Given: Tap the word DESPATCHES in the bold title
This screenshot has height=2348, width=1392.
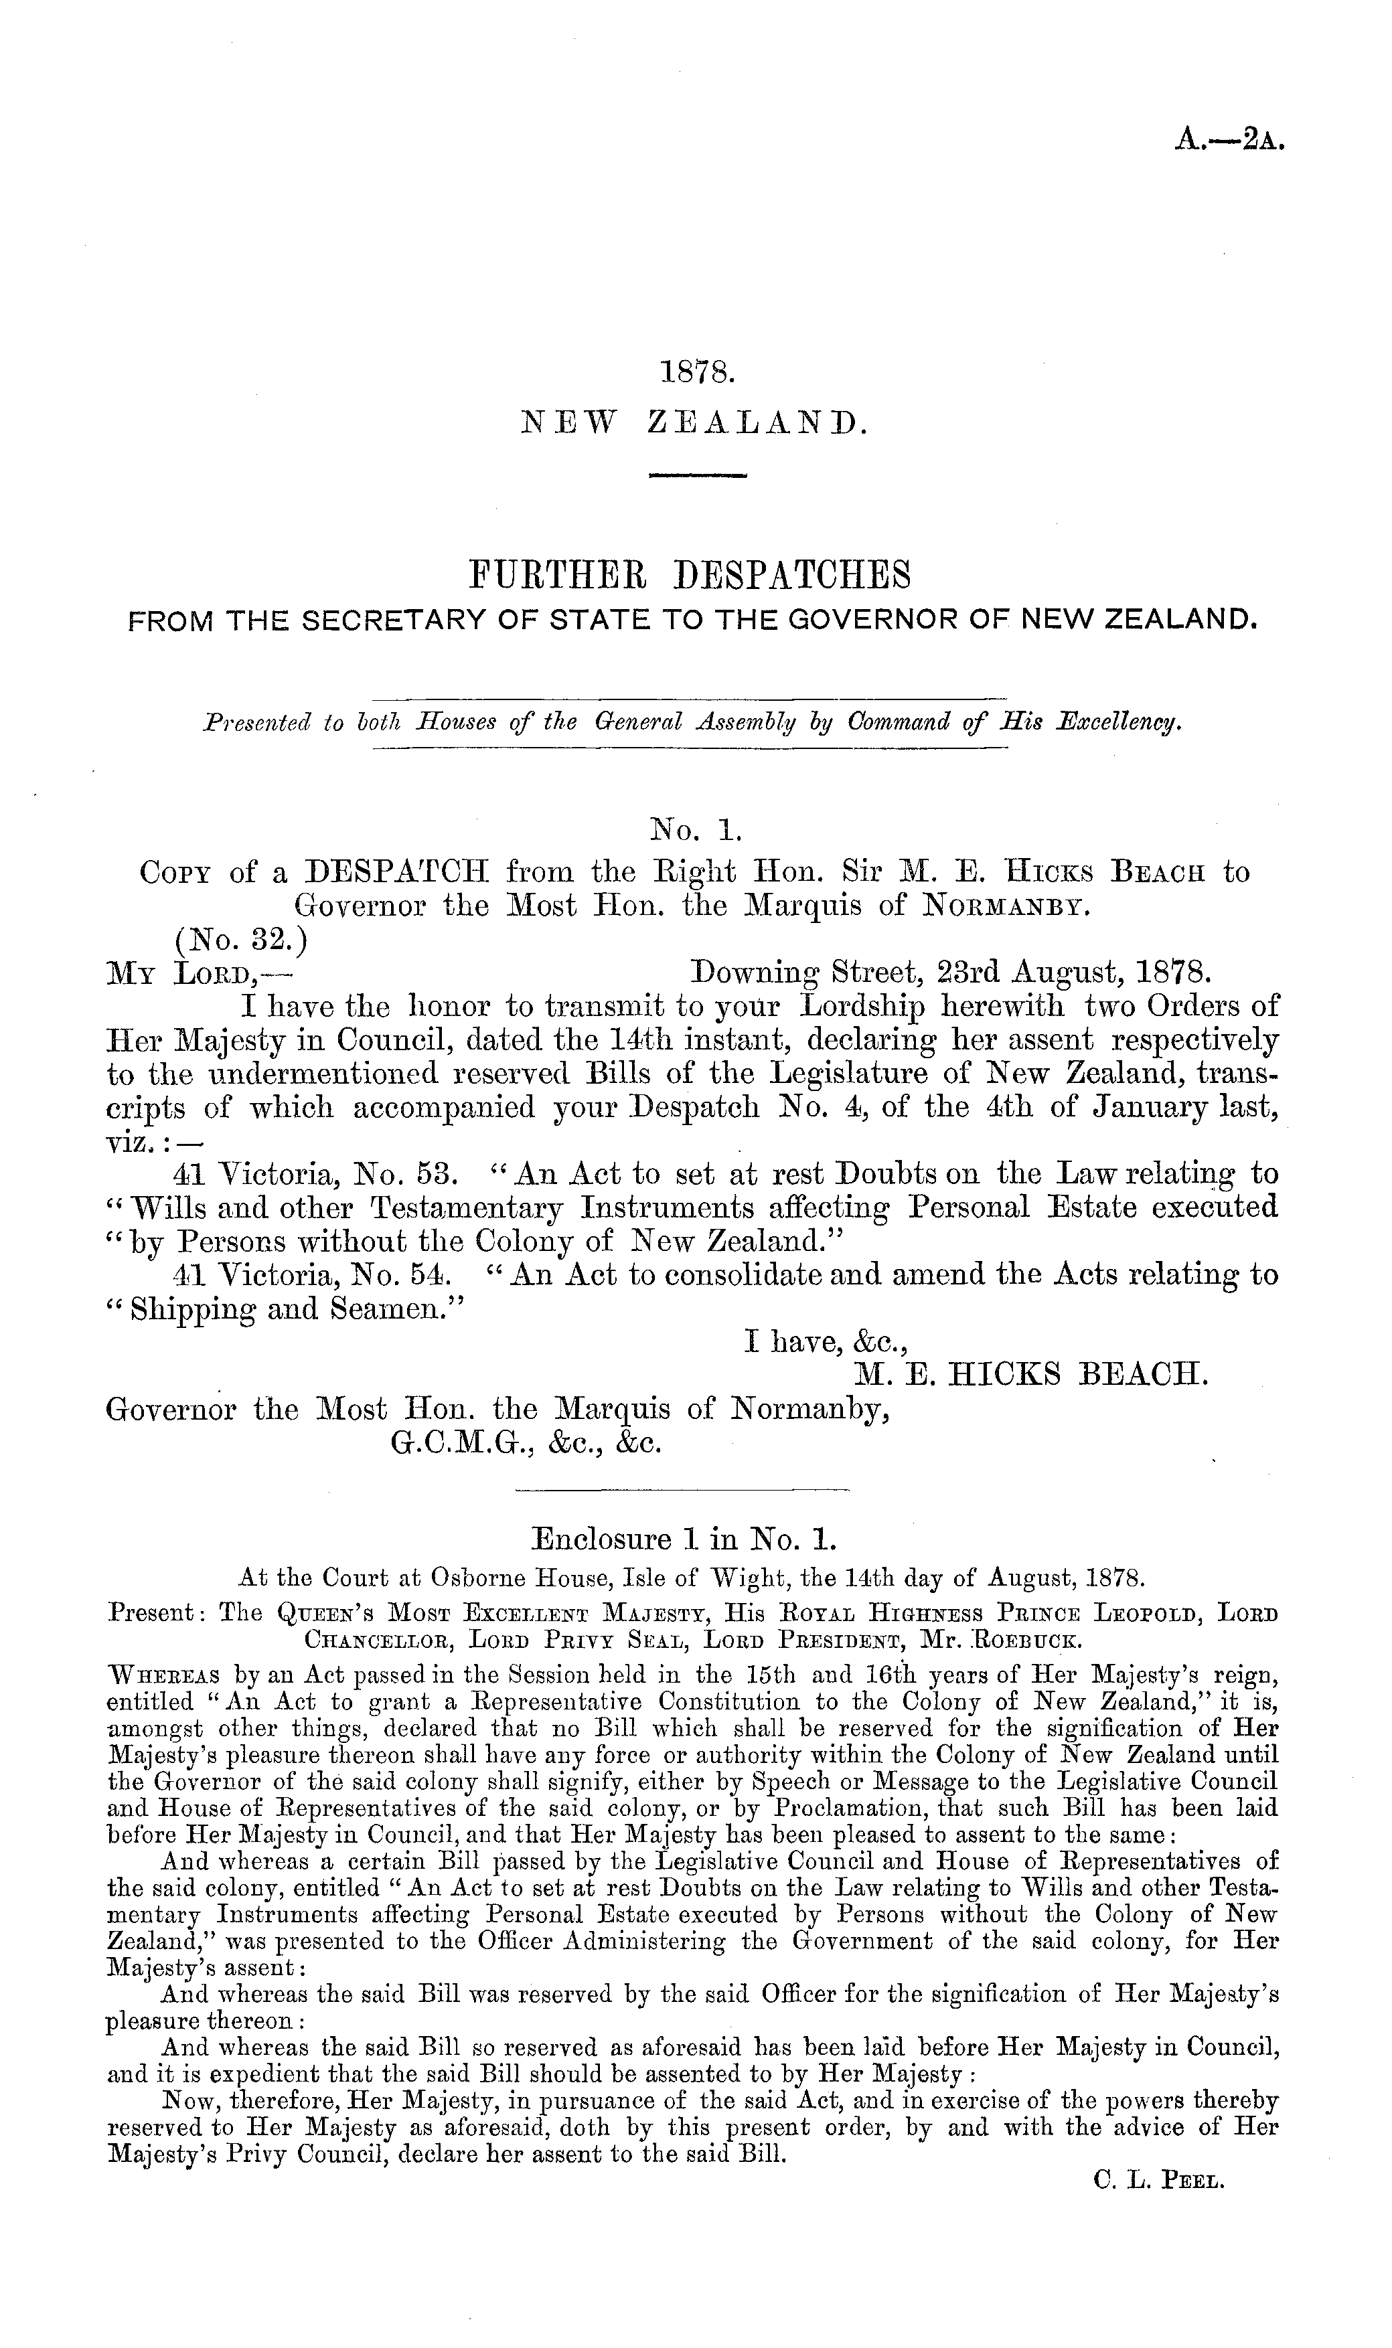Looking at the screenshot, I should point(793,574).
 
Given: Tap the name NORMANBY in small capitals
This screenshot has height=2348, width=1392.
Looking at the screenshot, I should point(1006,907).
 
